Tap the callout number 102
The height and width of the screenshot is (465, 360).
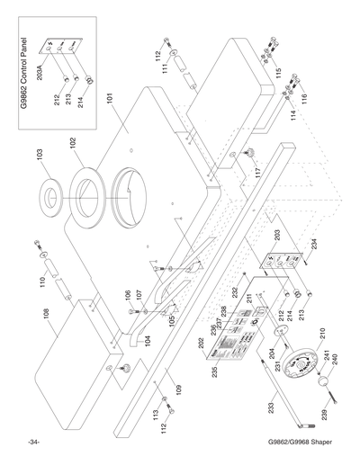(71, 141)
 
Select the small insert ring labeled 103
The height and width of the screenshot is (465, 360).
(49, 197)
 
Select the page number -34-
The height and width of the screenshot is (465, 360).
(33, 443)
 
